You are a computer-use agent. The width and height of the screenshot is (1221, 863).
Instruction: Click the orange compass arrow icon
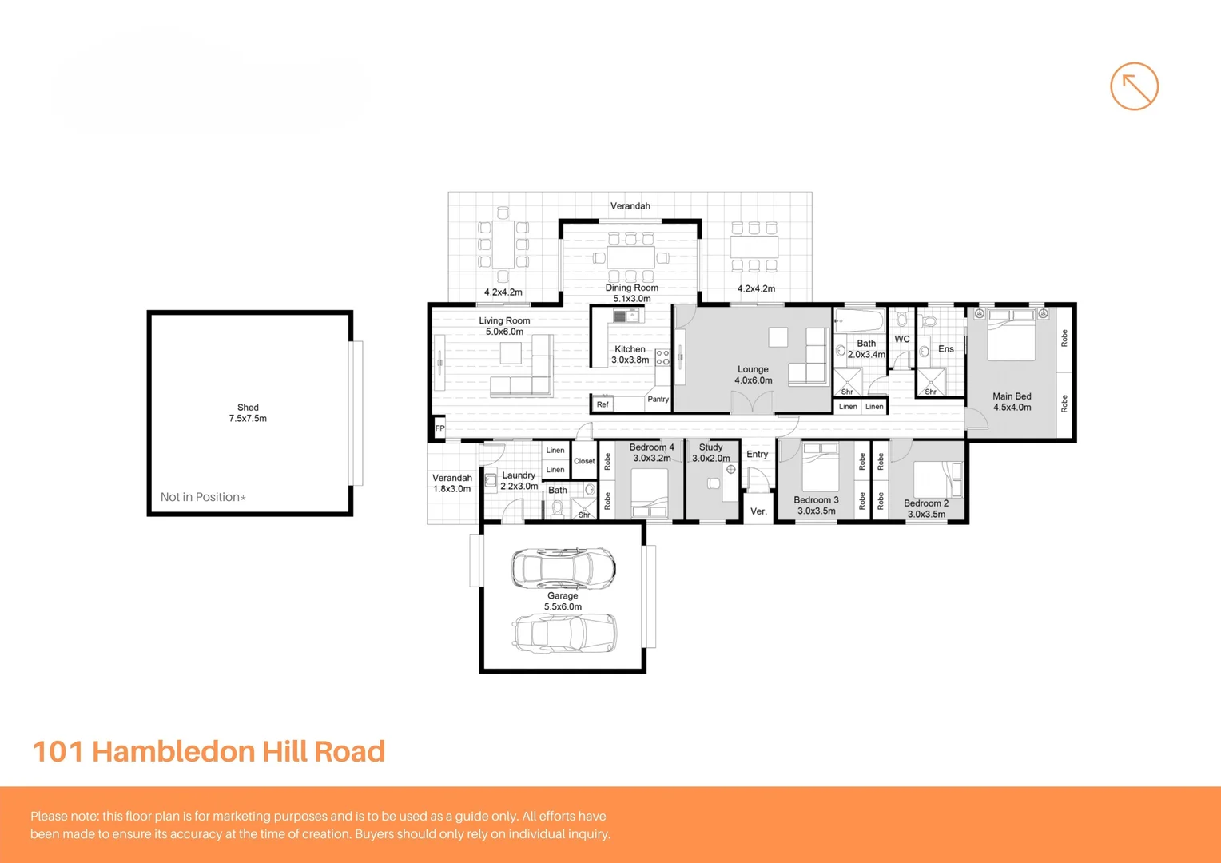(x=1134, y=86)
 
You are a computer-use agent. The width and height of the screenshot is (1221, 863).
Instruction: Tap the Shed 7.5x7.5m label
(x=248, y=413)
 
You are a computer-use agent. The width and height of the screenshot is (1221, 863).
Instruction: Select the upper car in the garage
(x=563, y=567)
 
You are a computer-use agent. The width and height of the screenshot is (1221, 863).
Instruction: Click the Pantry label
(x=658, y=400)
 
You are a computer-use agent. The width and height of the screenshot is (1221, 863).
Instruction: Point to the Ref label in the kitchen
(x=603, y=404)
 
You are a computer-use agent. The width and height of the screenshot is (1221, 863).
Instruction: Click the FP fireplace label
(x=439, y=428)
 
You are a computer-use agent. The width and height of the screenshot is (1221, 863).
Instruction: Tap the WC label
(x=902, y=340)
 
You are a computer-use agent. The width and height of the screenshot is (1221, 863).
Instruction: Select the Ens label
(x=946, y=349)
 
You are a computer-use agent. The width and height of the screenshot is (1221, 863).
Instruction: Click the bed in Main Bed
(x=1011, y=336)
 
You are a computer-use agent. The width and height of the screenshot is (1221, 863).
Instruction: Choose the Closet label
(x=584, y=461)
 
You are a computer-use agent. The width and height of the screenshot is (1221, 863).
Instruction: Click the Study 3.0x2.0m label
(x=711, y=453)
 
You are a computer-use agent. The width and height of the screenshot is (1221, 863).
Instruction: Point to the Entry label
(x=757, y=455)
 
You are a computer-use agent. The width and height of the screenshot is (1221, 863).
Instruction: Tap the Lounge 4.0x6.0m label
(x=754, y=375)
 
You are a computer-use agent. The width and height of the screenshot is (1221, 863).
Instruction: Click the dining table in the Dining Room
(x=631, y=257)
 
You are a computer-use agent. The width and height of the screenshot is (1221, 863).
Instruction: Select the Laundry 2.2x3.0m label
(x=519, y=480)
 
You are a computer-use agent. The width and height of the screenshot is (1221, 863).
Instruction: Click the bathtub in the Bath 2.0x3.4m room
(x=859, y=322)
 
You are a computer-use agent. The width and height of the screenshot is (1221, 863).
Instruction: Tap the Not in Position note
(x=203, y=497)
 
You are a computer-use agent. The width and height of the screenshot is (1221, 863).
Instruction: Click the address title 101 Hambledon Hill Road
(x=209, y=751)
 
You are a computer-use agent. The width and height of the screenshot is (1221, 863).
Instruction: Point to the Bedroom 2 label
(x=926, y=509)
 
